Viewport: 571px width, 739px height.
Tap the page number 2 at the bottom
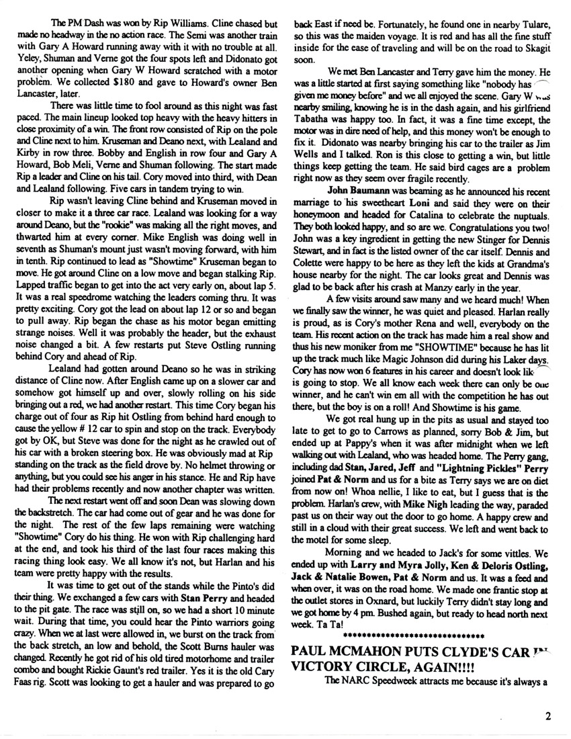pos(548,715)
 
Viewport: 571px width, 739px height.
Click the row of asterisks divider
pos(413,634)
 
